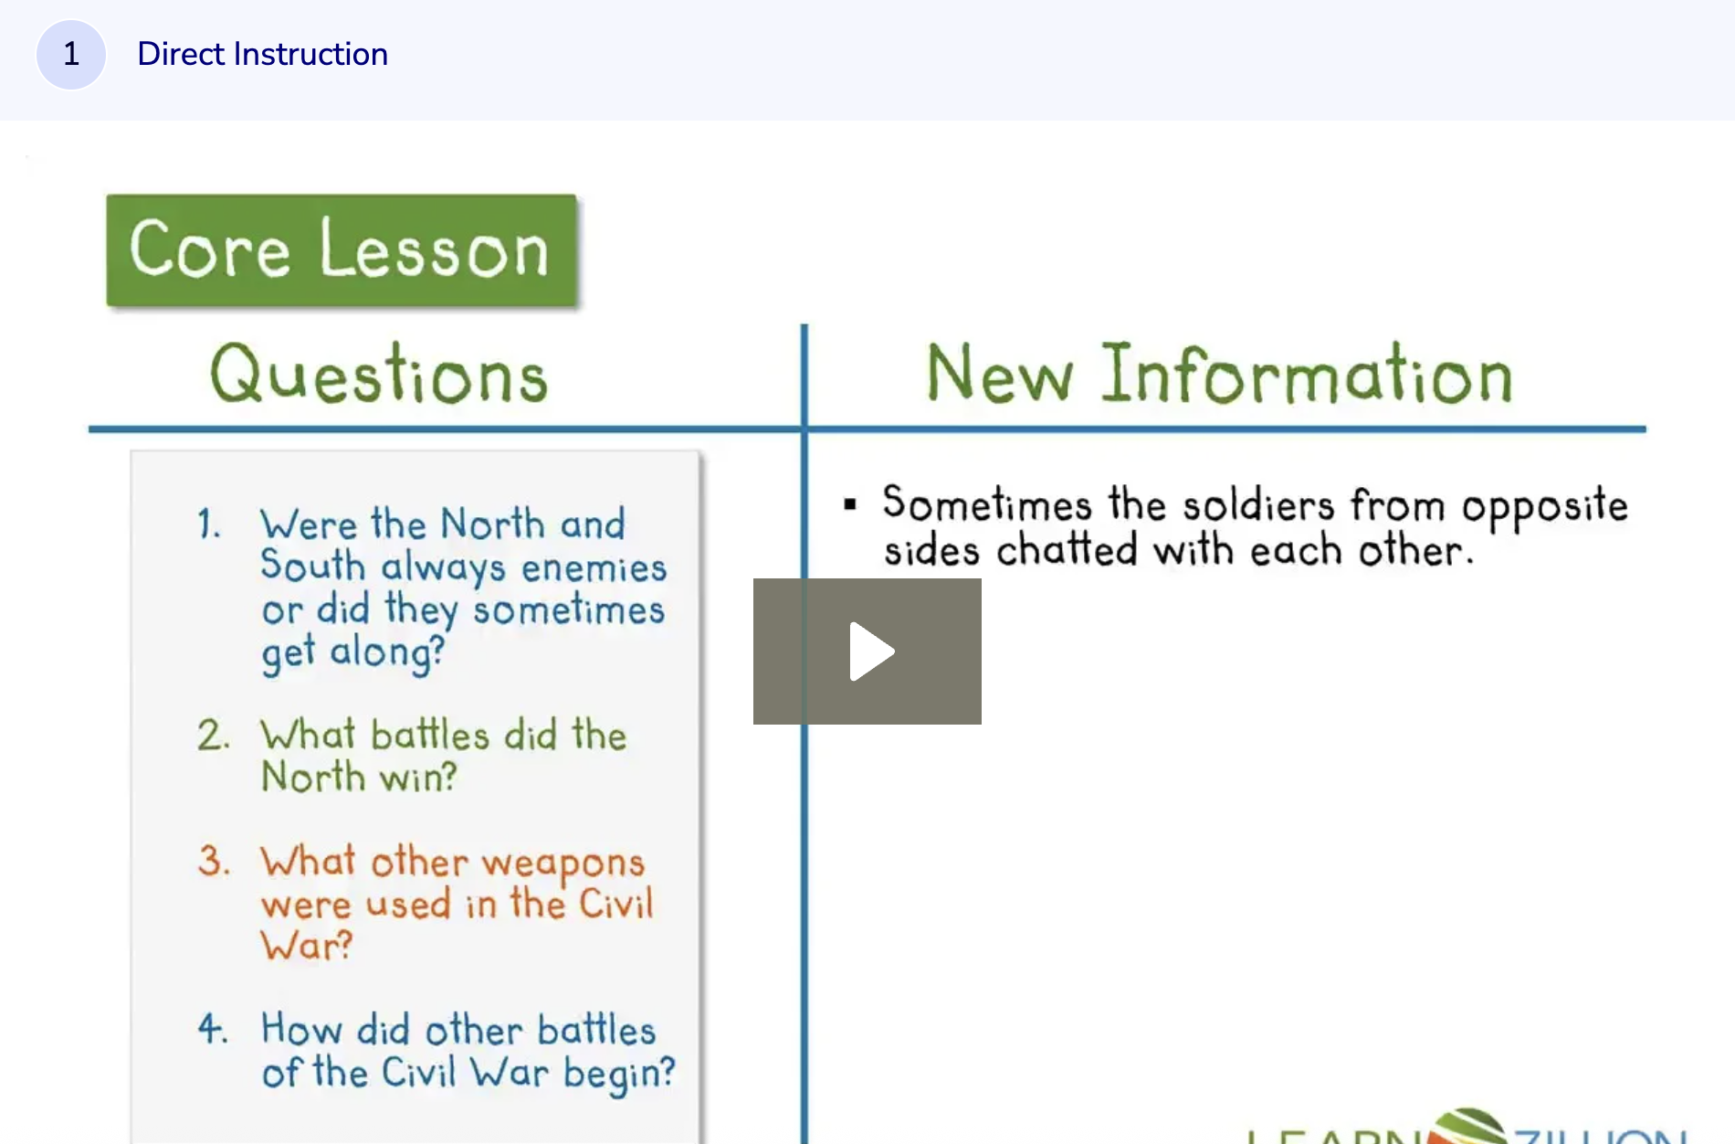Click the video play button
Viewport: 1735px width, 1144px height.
pyautogui.click(x=867, y=651)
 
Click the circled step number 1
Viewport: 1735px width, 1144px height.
pyautogui.click(x=71, y=55)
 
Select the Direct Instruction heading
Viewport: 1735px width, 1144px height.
pyautogui.click(x=262, y=55)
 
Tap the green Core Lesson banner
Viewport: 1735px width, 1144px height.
pyautogui.click(x=341, y=250)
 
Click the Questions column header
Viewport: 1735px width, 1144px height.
pyautogui.click(x=378, y=375)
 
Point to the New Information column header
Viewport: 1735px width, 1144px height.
pyautogui.click(x=1219, y=375)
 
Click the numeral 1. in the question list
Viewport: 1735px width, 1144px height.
pyautogui.click(x=209, y=525)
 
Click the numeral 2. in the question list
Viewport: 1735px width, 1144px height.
pyautogui.click(x=213, y=736)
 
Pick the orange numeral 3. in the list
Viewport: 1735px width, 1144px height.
pyautogui.click(x=213, y=862)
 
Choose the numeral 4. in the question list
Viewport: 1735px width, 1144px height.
pyautogui.click(x=212, y=1030)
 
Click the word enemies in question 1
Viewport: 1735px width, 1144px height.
pyautogui.click(x=594, y=568)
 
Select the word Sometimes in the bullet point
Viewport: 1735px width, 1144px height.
pyautogui.click(x=986, y=504)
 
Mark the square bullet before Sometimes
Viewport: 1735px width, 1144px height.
pyautogui.click(x=850, y=504)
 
